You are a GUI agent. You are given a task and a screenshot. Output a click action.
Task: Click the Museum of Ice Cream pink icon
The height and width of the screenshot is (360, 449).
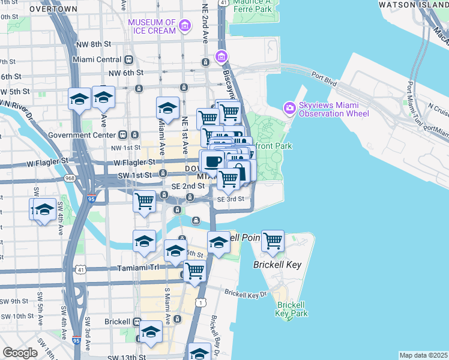point(184,26)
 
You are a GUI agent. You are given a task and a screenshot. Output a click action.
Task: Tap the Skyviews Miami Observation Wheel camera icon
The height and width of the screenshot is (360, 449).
point(291,107)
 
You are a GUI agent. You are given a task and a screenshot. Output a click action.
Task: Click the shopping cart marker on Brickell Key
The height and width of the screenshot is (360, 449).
point(273,241)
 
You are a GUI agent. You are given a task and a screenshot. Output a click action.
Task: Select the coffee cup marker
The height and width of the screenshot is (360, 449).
point(213,161)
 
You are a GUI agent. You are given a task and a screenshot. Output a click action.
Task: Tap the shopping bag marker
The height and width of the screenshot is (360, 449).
point(239,172)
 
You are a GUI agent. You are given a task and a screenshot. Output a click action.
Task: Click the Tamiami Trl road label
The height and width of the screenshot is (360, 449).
point(128,268)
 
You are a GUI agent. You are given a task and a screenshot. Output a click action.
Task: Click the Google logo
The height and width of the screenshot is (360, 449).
point(20,353)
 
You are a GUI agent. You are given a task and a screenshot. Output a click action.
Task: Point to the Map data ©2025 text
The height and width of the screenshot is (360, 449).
point(423,355)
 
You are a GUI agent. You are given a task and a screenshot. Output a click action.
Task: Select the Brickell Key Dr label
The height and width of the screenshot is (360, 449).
point(245,293)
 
